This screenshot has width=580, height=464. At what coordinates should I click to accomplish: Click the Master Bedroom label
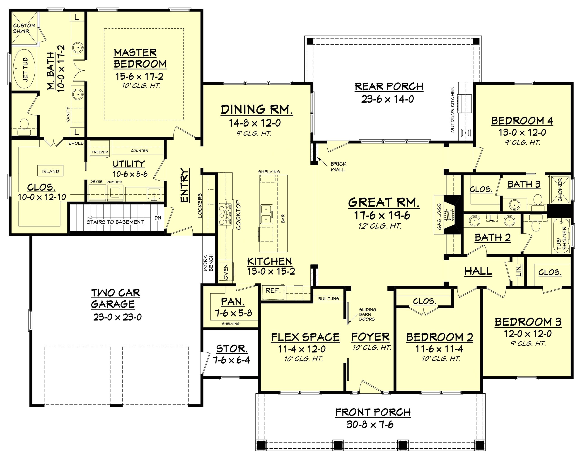coord(140,58)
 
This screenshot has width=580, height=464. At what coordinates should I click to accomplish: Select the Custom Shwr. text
coord(24,28)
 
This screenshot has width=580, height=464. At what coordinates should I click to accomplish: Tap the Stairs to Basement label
coord(115,222)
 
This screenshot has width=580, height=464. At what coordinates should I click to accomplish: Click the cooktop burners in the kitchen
coord(225,214)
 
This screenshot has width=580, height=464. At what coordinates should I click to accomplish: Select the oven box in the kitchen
coord(225,272)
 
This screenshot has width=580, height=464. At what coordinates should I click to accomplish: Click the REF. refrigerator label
coord(273,291)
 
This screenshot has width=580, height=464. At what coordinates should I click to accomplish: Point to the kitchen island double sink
coord(266,214)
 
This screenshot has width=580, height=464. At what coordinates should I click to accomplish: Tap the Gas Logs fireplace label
coord(439,217)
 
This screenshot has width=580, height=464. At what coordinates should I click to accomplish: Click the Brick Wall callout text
coord(338,166)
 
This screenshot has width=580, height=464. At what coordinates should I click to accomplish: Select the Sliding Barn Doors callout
coord(367,314)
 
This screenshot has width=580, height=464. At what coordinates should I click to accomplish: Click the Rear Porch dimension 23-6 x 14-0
coord(387,99)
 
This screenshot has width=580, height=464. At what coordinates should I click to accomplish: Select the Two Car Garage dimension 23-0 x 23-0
coord(117,317)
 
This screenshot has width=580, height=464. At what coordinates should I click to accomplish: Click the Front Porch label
coord(373,412)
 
